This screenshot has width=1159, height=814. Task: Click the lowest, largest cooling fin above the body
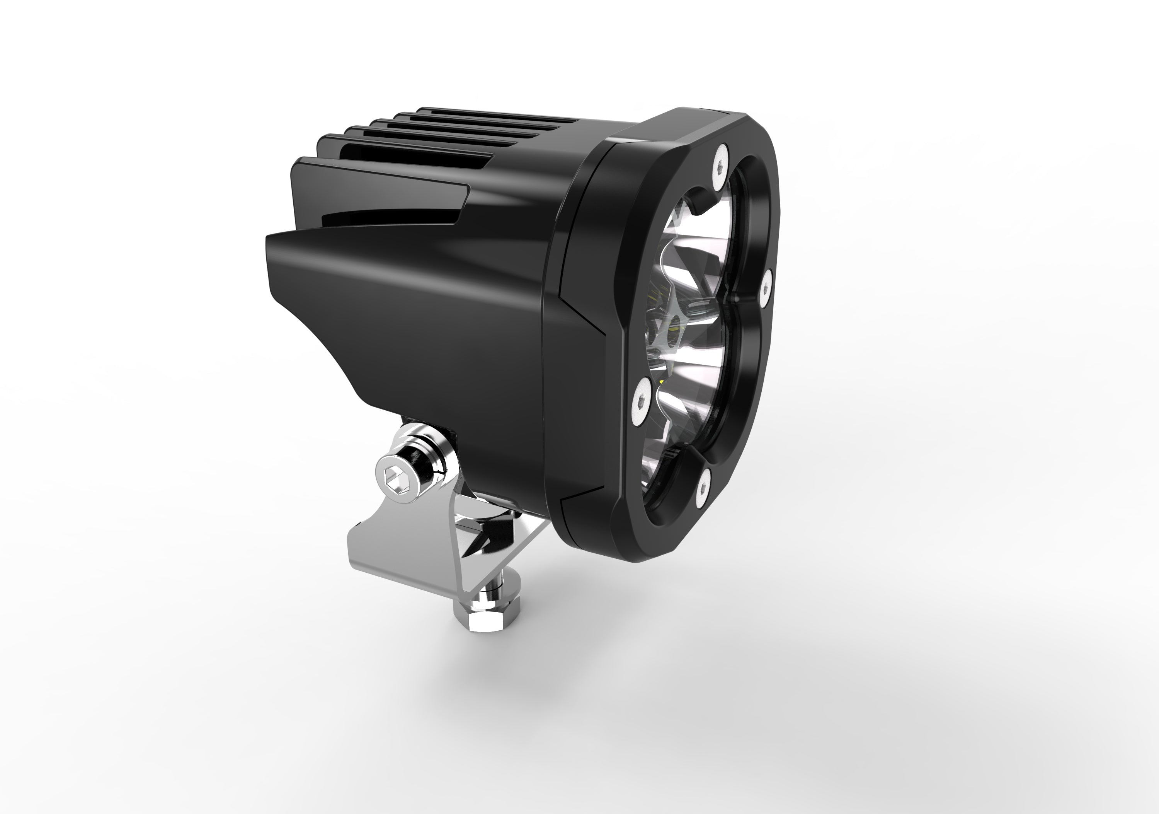point(379,174)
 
